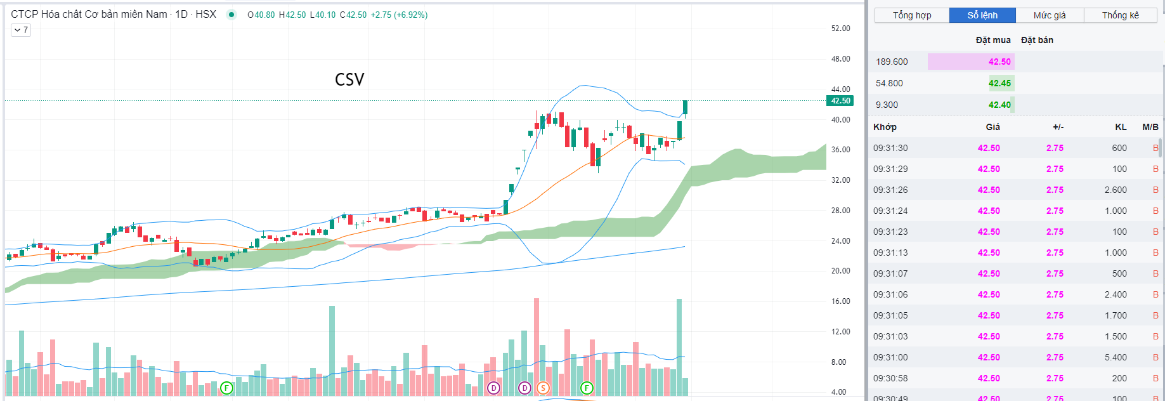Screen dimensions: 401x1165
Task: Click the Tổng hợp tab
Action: pos(912,15)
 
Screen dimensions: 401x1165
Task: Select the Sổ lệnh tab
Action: pos(982,15)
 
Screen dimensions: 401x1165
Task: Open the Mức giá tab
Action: pos(1050,15)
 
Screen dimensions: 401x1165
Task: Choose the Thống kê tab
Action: pos(1120,15)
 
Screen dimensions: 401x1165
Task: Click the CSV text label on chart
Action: pos(349,80)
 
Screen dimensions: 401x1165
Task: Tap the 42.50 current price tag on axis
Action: pos(840,101)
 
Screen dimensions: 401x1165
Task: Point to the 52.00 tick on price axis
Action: pos(840,29)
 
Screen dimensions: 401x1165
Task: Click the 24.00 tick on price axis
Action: pos(840,241)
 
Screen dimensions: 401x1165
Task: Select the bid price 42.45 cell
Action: pos(999,83)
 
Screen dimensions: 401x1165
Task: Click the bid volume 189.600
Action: pos(892,62)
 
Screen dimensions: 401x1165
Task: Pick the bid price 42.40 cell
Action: pos(999,105)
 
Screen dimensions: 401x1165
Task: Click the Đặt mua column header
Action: pos(993,40)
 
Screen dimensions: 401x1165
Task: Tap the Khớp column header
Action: pos(885,127)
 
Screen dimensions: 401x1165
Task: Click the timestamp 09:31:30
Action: pos(890,148)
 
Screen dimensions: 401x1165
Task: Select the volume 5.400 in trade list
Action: pos(1116,357)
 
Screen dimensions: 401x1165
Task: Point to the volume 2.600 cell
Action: pos(1116,190)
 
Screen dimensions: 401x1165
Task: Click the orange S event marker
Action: pos(543,388)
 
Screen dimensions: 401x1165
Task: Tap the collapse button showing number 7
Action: pos(21,30)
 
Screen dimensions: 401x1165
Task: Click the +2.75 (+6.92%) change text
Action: pos(399,15)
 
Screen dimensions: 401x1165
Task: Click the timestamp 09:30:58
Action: pos(890,378)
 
